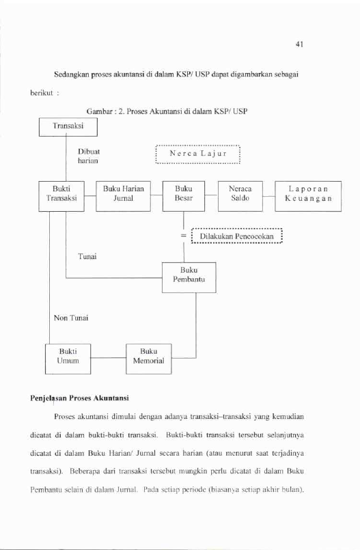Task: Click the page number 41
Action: [x=299, y=44]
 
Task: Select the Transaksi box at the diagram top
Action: [x=68, y=127]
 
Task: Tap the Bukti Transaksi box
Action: [x=61, y=196]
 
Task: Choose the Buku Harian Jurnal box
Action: [x=124, y=196]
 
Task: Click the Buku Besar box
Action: [x=184, y=196]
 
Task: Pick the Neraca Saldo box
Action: [x=240, y=196]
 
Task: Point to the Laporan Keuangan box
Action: [x=308, y=196]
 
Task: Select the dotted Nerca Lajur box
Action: [x=197, y=154]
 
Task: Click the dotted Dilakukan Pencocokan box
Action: [x=237, y=236]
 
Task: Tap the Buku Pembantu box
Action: [x=189, y=277]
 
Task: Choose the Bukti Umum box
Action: [x=68, y=359]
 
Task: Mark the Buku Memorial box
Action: [x=149, y=359]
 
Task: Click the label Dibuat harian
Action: [x=88, y=156]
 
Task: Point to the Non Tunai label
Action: [x=71, y=318]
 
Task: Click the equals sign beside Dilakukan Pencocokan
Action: [x=184, y=236]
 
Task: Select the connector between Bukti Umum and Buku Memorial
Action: [x=109, y=358]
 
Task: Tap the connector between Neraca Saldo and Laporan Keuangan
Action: [x=269, y=197]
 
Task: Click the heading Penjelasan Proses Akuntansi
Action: [x=79, y=398]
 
